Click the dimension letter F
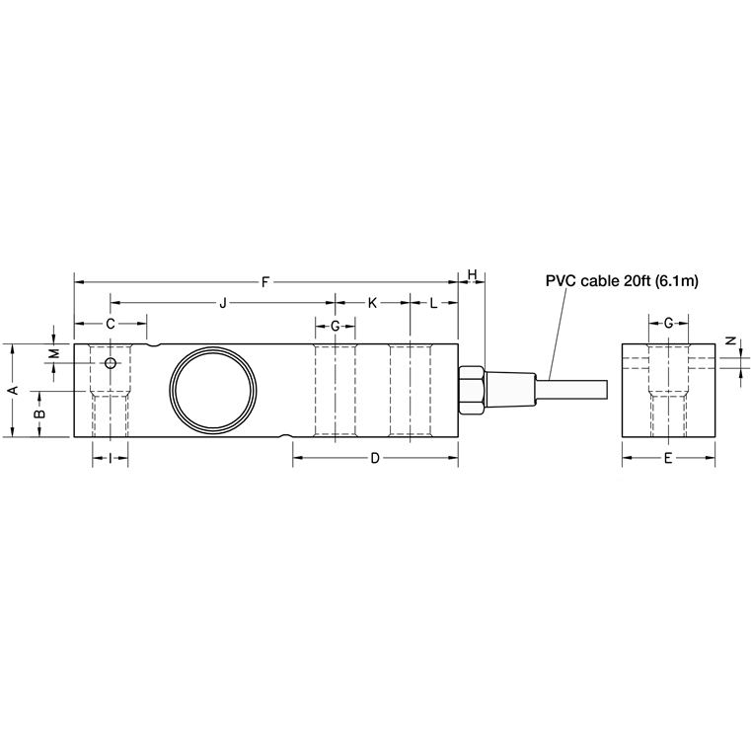[x=265, y=282]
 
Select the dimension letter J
[x=222, y=303]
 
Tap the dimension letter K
[x=372, y=303]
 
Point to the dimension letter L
[x=433, y=303]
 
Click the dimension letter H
[x=473, y=273]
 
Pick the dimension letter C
[x=111, y=324]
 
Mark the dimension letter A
[x=12, y=390]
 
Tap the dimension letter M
[x=55, y=352]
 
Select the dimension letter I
[x=110, y=457]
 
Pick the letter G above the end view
[x=668, y=323]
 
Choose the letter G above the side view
[x=335, y=325]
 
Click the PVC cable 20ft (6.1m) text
[x=622, y=281]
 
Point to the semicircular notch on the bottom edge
[x=285, y=435]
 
